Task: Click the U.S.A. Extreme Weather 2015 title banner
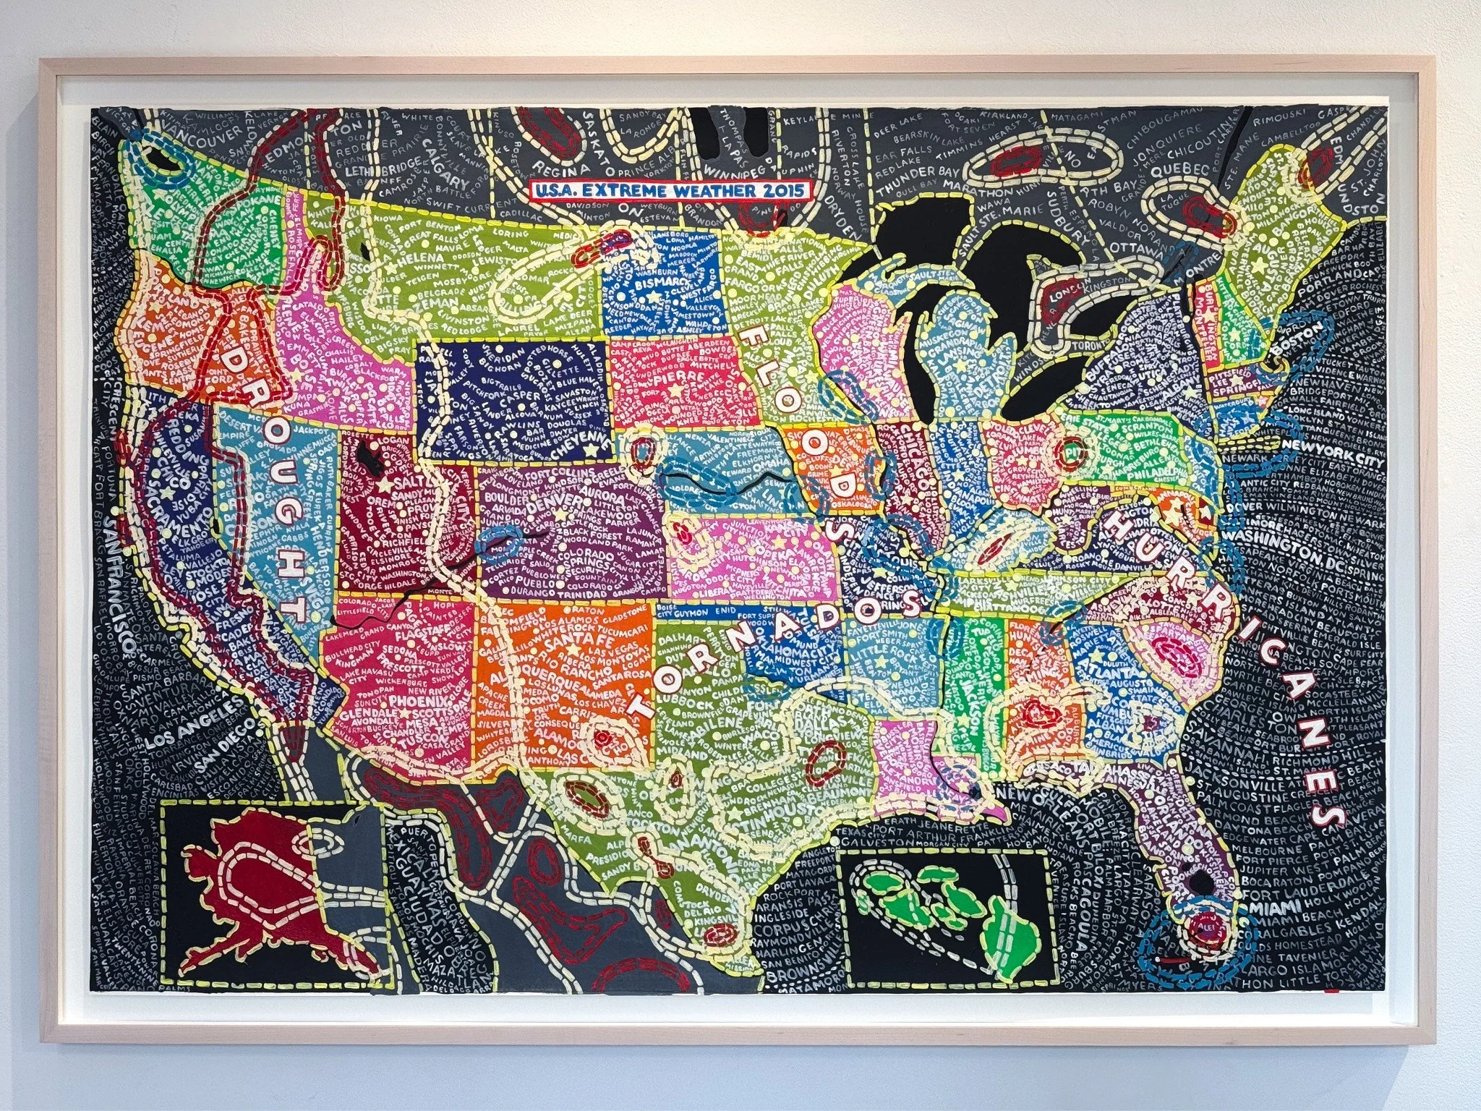pos(670,191)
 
